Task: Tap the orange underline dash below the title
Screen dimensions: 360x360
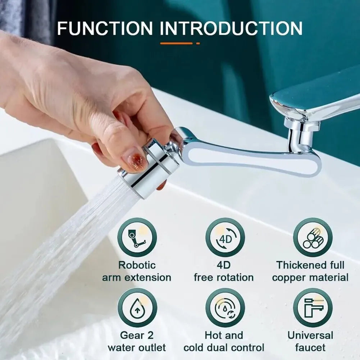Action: pyautogui.click(x=176, y=44)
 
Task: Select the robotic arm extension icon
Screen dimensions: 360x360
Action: pyautogui.click(x=137, y=237)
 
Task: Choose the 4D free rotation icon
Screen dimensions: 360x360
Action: pyautogui.click(x=225, y=237)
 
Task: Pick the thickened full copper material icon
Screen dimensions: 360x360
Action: pyautogui.click(x=313, y=237)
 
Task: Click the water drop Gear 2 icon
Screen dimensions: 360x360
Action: pyautogui.click(x=137, y=307)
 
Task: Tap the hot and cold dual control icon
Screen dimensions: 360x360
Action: pyautogui.click(x=225, y=307)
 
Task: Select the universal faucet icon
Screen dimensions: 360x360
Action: pyautogui.click(x=313, y=307)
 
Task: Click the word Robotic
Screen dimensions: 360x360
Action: pyautogui.click(x=137, y=265)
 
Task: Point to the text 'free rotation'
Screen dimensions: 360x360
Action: pyautogui.click(x=223, y=277)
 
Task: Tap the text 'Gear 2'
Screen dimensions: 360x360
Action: pyautogui.click(x=137, y=335)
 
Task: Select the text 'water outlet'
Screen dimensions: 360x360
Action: pyautogui.click(x=137, y=348)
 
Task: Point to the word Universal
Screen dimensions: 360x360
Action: pyautogui.click(x=310, y=335)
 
